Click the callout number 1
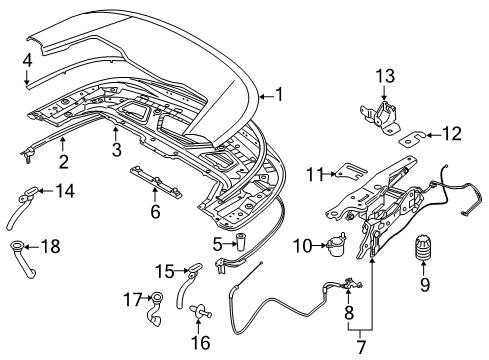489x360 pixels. point(279,96)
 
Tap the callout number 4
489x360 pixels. point(28,62)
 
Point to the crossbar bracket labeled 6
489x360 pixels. point(155,184)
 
